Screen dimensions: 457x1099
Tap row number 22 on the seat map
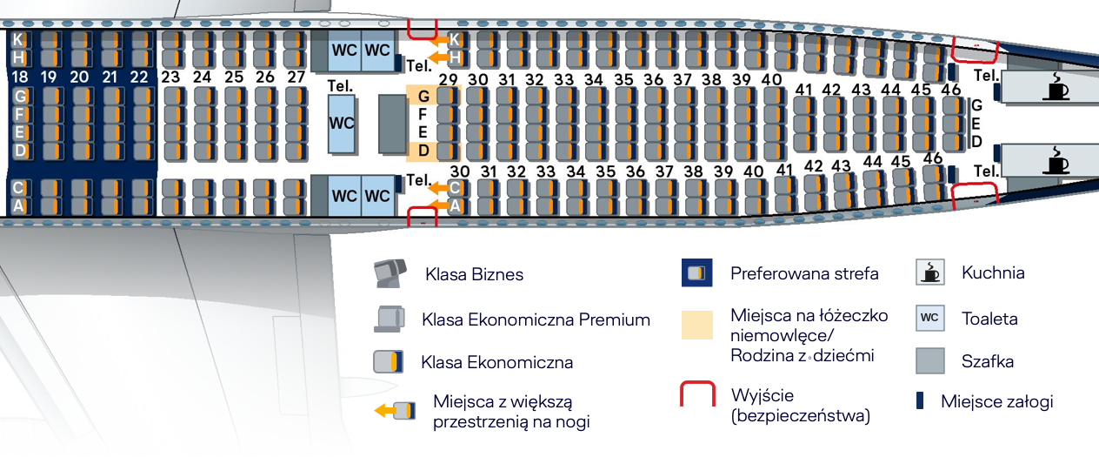(139, 77)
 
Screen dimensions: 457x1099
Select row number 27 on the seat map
(296, 77)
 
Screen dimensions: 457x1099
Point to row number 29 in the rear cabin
(448, 80)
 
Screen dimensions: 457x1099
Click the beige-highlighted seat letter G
(423, 95)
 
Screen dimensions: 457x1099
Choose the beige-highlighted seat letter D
(423, 151)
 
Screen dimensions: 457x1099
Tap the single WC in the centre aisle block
(342, 123)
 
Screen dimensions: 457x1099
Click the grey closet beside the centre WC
(392, 124)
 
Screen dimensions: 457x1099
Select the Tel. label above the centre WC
(340, 86)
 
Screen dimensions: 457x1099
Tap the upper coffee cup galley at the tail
(1057, 87)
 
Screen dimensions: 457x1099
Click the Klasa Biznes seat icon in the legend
(390, 274)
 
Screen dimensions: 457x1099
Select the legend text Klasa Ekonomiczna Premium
(536, 319)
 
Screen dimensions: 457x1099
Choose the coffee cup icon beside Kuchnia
(930, 273)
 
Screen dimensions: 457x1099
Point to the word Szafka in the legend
(988, 361)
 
